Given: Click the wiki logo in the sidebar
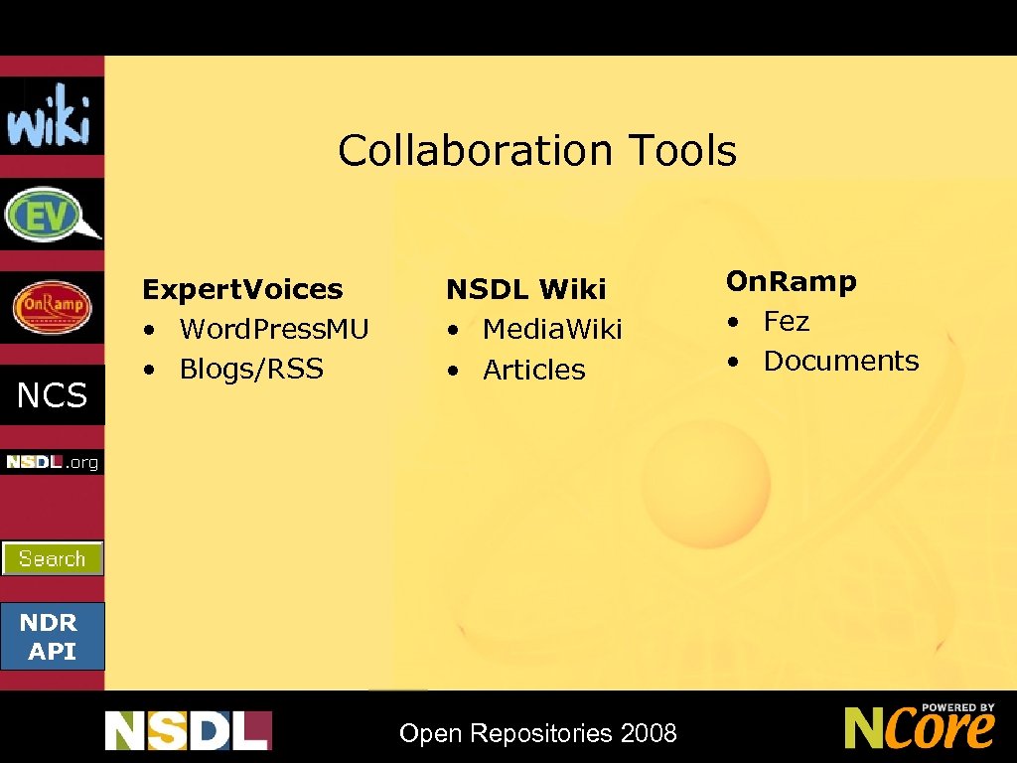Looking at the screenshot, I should click(x=51, y=116).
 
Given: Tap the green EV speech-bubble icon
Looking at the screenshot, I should click(x=51, y=214).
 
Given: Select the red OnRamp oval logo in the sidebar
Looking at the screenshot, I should click(x=52, y=307).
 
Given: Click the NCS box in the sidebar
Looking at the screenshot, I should click(x=52, y=395).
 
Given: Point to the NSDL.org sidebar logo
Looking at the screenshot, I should click(x=52, y=462).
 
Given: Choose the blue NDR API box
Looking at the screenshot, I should click(x=52, y=637).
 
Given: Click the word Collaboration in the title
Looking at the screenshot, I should click(x=475, y=151).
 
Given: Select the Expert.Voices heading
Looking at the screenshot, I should click(x=242, y=289).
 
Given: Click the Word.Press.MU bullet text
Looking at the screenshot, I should click(x=274, y=329).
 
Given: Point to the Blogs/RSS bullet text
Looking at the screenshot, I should click(x=251, y=369).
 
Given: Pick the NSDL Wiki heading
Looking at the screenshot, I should click(x=525, y=289).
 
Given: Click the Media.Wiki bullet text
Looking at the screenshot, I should click(x=552, y=329).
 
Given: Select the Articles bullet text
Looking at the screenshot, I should click(x=534, y=370).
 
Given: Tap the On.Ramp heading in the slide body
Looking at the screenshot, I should click(x=791, y=281).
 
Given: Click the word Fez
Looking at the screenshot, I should click(x=786, y=321).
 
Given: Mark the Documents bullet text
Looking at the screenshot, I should click(x=841, y=361).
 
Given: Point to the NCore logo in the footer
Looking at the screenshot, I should click(x=920, y=726).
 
